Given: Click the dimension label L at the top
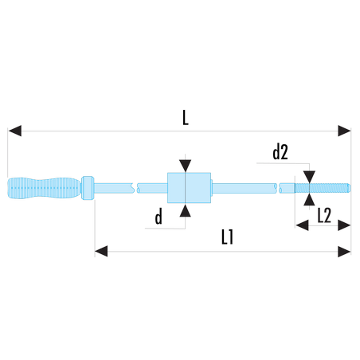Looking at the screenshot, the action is (x=186, y=118).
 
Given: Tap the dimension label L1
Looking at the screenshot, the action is (x=227, y=237).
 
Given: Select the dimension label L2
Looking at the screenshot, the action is (x=324, y=215).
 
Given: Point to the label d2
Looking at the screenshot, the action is (x=280, y=152).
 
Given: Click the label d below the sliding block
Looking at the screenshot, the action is (x=158, y=217).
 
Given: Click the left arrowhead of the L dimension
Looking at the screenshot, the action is (x=14, y=131).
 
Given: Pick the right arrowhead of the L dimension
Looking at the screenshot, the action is (x=344, y=131).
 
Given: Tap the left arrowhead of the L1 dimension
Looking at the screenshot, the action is (x=101, y=251).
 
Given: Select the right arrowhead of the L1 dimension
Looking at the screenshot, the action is (x=344, y=251).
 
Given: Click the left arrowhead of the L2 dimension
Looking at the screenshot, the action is (x=302, y=225).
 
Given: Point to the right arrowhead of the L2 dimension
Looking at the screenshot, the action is (x=344, y=225).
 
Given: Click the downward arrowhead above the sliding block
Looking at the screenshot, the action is (x=185, y=166).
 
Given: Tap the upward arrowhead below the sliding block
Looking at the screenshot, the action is (x=185, y=210).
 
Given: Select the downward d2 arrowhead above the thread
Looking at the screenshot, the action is (x=309, y=177).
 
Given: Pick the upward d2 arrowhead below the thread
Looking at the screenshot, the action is (x=309, y=199).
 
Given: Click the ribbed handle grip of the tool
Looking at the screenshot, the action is (x=44, y=188).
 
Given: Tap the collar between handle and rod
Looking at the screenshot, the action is (x=88, y=188).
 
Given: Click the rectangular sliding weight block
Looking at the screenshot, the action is (x=189, y=188).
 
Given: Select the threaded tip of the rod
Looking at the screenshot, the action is (x=323, y=188).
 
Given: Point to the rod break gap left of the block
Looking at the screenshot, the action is (x=135, y=188).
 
